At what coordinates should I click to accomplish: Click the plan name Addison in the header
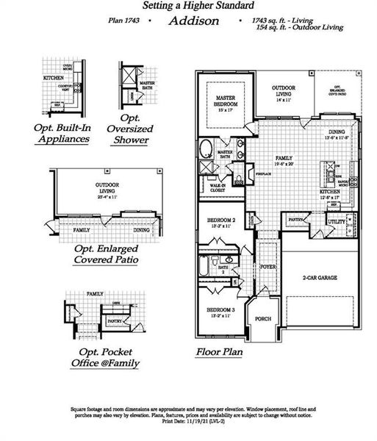click(x=193, y=21)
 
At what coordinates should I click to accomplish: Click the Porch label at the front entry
click(x=263, y=318)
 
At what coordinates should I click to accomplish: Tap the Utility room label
click(x=337, y=220)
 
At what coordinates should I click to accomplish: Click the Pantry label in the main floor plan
click(x=296, y=219)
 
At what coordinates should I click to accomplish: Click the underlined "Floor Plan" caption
click(x=219, y=352)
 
